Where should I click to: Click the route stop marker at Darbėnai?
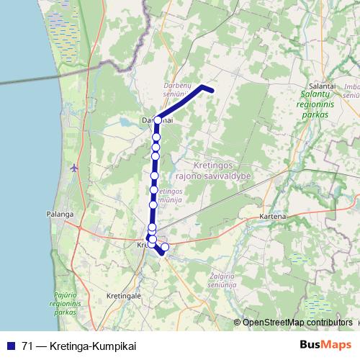[x=157, y=120]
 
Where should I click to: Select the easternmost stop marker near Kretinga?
[x=165, y=248]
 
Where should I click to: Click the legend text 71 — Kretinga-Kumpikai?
[x=78, y=346]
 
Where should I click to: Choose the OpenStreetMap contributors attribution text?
[x=297, y=323]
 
